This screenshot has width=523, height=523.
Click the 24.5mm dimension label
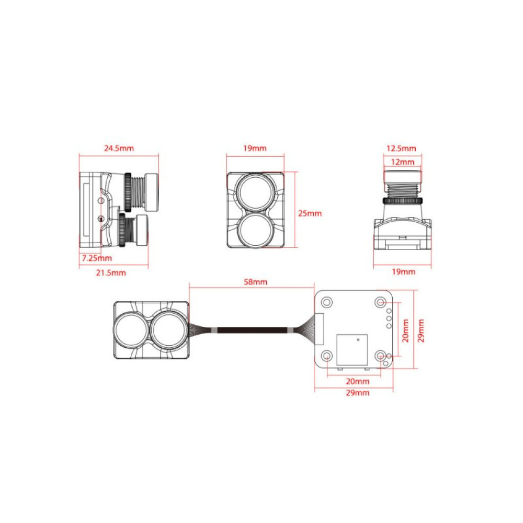coord(119,148)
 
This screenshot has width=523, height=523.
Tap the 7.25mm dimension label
coord(97,258)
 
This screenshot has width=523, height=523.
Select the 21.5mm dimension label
coord(110,272)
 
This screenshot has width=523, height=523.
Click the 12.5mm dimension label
coord(402,149)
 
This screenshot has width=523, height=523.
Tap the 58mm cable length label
coord(256,282)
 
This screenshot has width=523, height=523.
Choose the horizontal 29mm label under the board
coord(358,393)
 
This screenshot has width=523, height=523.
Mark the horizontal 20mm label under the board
coord(358,381)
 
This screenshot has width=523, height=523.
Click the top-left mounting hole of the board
coord(327,302)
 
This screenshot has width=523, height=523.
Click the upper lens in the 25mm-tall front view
coord(255,191)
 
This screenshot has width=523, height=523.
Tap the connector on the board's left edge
coord(319,327)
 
